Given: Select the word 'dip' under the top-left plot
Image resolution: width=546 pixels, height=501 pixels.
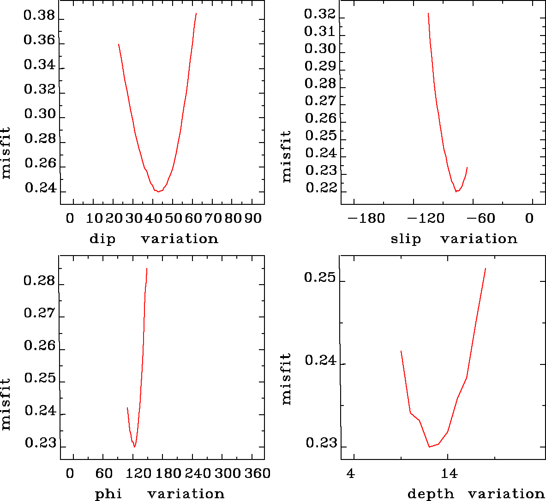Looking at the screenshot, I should pyautogui.click(x=102, y=239).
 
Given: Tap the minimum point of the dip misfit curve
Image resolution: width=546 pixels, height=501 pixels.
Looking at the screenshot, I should pyautogui.click(x=158, y=191).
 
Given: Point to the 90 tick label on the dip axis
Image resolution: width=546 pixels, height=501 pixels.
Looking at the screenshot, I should pyautogui.click(x=252, y=218).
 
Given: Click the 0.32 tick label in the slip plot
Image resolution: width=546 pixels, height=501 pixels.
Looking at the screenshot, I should pyautogui.click(x=319, y=15).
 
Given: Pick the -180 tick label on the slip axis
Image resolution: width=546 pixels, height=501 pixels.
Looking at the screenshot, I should pyautogui.click(x=366, y=218).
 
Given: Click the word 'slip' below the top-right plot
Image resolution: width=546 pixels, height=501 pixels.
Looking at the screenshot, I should pyautogui.click(x=406, y=239).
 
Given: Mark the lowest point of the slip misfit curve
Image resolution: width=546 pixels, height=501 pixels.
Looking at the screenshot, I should pyautogui.click(x=456, y=191).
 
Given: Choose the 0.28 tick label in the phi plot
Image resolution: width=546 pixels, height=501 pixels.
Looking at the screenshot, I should pyautogui.click(x=39, y=281).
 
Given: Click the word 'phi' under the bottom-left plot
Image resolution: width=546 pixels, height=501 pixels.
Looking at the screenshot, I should pyautogui.click(x=108, y=495).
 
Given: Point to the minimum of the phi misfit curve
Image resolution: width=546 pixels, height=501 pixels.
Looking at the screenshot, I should pyautogui.click(x=134, y=447).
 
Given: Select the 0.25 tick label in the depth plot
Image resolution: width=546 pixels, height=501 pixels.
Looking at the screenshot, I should pyautogui.click(x=319, y=278).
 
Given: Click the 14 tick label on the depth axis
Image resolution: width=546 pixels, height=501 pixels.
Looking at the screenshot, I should pyautogui.click(x=449, y=474).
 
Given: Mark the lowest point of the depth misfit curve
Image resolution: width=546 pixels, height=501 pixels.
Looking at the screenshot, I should pyautogui.click(x=429, y=447).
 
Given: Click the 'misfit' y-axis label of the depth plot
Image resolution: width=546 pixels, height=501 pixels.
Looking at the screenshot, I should pyautogui.click(x=287, y=379).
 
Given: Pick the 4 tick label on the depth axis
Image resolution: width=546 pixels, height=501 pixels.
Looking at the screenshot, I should pyautogui.click(x=351, y=474).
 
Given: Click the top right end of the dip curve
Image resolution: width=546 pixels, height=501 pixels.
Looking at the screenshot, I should pyautogui.click(x=196, y=13).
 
